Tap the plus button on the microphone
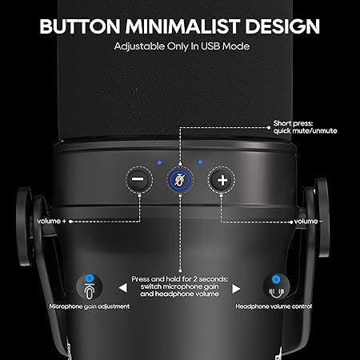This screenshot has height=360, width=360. point(222,180)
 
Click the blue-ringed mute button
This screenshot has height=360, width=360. point(180,180)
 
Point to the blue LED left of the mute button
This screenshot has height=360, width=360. point(159,162)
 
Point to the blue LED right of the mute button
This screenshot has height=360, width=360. point(200,162)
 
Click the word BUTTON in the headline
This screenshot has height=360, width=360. point(80,26)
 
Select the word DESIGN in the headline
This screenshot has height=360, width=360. point(282,26)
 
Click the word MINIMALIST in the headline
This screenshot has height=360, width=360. point(182,26)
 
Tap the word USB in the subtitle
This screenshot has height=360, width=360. point(210,46)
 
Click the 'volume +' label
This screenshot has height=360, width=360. point(51,221)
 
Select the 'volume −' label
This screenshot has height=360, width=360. point(309,221)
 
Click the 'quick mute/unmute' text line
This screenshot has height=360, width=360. point(305,131)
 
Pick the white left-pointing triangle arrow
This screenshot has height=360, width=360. point(122,288)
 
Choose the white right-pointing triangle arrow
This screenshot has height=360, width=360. point(236,289)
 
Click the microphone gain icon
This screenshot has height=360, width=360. point(90,287)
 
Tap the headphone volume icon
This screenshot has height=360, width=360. point(276,287)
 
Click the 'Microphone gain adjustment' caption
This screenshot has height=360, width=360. point(90,306)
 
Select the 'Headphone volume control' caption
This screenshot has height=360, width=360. point(274,306)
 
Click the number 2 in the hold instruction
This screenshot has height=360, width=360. point(195,279)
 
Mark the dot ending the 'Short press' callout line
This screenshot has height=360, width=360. point(269,127)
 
